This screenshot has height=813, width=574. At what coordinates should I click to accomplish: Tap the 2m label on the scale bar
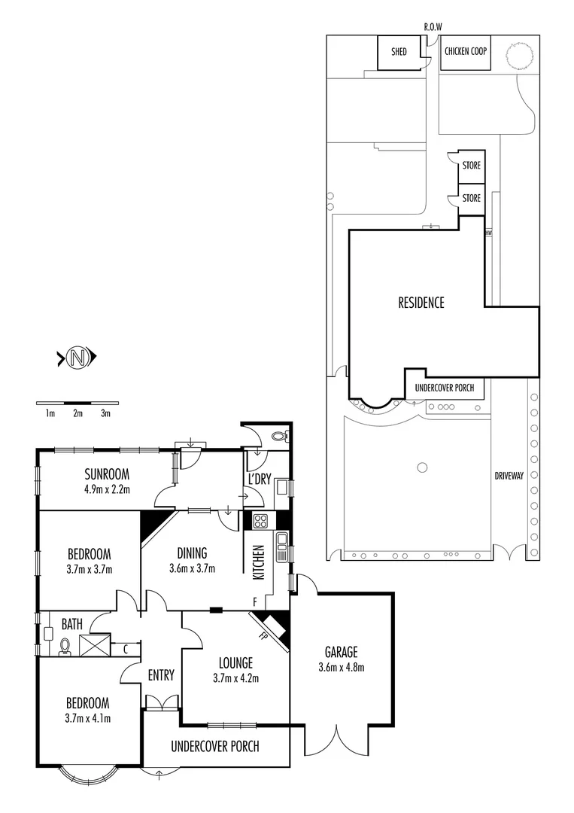click(77, 413)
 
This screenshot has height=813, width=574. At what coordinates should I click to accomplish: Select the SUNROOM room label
click(107, 474)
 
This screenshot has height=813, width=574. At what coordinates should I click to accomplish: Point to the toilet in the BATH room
click(65, 647)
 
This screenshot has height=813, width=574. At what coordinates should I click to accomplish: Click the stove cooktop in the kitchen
click(260, 520)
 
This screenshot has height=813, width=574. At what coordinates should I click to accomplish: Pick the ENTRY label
click(161, 675)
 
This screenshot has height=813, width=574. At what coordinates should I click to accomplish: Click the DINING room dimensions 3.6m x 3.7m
click(191, 568)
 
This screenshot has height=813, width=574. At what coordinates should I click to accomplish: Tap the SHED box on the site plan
click(399, 52)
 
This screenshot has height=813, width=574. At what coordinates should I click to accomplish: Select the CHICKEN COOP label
click(466, 52)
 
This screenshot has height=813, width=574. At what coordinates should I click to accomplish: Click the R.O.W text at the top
click(433, 27)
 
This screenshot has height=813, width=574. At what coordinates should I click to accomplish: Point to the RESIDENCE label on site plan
click(421, 303)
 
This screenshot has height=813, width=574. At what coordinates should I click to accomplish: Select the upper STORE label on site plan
click(471, 166)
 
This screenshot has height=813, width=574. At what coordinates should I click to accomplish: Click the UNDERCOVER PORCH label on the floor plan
click(215, 747)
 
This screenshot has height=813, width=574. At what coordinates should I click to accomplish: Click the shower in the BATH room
click(95, 644)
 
